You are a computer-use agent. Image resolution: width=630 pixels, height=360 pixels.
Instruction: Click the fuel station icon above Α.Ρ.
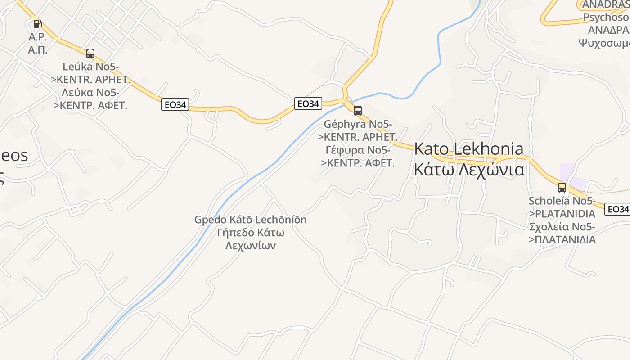coord(37,23)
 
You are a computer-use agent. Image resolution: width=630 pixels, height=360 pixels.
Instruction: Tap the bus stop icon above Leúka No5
coord(90,54)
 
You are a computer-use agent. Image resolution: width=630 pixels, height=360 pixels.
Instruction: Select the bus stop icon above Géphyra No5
coord(358,110)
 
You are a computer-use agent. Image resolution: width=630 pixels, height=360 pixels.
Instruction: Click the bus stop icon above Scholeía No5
coord(562,188)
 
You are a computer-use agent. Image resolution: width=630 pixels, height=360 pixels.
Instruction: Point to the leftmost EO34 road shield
coord(175,105)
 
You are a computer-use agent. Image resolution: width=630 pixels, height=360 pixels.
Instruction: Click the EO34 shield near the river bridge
coord(308,103)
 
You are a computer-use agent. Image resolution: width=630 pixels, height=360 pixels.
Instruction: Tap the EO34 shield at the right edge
coord(617,209)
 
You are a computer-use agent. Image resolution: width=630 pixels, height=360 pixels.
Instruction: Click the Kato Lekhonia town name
coord(469,149)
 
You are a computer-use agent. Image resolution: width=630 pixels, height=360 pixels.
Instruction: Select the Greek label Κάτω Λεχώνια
coord(469,170)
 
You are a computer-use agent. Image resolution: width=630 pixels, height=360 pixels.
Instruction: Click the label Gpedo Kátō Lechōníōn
coord(251,220)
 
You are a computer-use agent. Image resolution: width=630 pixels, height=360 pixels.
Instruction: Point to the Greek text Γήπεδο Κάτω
coord(251,233)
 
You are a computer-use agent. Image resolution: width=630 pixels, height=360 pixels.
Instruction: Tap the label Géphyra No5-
coord(358,124)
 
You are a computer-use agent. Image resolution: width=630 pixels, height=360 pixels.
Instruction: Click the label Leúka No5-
coord(91,67)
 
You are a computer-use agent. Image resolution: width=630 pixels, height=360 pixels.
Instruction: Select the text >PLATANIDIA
coord(562,213)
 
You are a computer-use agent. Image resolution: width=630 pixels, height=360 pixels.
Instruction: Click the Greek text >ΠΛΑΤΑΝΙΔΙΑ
coord(562,239)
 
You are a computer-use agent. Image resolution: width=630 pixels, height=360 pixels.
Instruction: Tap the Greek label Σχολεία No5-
coord(562,226)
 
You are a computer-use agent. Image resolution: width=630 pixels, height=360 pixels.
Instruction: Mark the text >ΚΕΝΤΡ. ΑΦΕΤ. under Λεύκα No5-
coord(91,106)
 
